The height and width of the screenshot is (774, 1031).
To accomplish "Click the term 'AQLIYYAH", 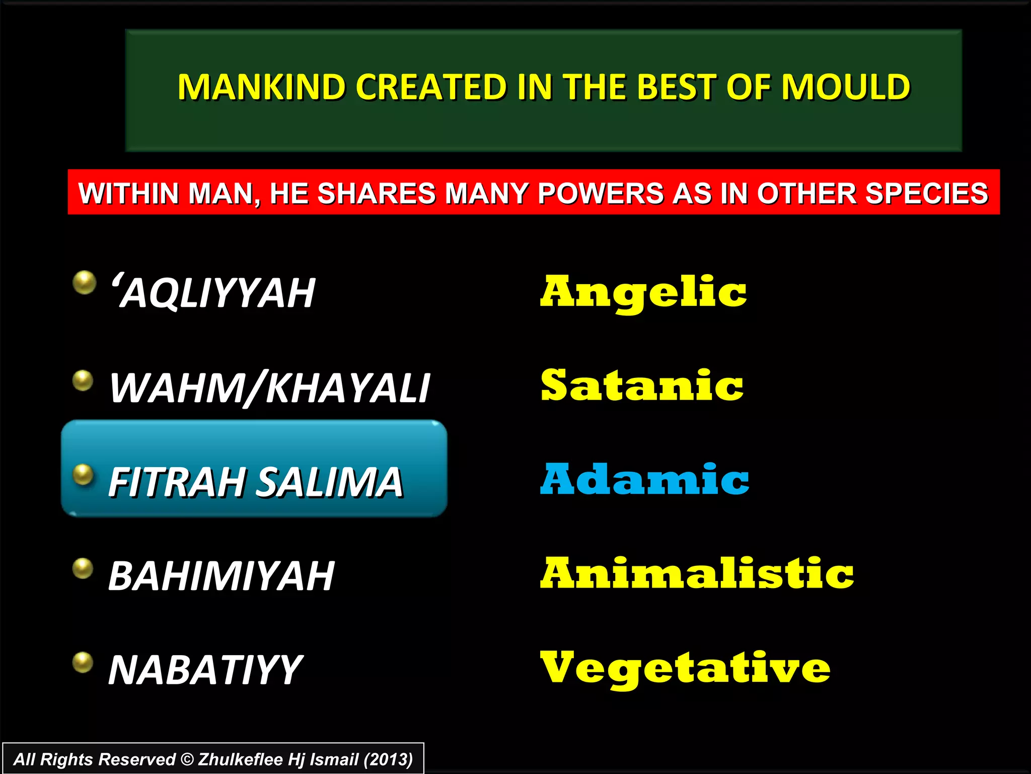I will [x=213, y=293].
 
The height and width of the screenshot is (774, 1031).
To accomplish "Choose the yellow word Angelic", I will [x=643, y=293].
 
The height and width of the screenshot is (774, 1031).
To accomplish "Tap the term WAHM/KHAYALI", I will [x=270, y=388].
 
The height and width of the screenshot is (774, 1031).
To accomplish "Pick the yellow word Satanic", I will [x=642, y=386].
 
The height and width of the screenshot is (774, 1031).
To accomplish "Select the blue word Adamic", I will [x=644, y=479].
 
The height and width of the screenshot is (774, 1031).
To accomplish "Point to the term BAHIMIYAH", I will [x=222, y=576].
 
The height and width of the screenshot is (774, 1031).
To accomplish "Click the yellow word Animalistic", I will [x=697, y=573].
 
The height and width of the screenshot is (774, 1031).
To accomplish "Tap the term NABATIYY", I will [x=205, y=670].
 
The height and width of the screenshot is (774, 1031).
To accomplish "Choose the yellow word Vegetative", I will [x=685, y=668].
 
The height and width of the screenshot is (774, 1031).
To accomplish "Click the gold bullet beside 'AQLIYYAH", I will [x=84, y=282].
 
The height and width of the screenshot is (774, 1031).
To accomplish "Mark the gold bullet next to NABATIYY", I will [x=83, y=662].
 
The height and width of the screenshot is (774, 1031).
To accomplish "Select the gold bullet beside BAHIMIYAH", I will [x=83, y=568].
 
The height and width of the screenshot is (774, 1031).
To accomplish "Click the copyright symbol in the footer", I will [x=187, y=759].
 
